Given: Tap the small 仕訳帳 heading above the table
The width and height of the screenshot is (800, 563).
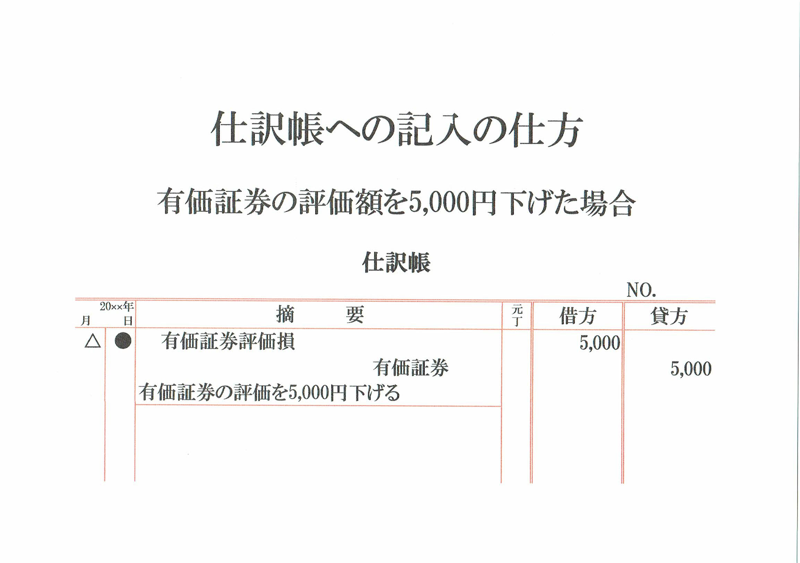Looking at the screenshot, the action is point(396,263).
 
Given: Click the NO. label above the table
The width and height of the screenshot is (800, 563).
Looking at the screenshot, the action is point(641,290).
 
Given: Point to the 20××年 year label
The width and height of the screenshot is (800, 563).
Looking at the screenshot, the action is point(117,307).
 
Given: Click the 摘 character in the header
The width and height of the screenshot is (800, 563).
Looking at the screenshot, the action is point(285,314).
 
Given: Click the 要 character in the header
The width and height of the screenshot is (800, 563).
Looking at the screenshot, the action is point(354,314).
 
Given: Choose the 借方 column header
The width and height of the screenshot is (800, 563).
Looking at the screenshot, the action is point(577,316).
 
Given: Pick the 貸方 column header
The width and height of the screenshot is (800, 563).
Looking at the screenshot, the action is point(669,316).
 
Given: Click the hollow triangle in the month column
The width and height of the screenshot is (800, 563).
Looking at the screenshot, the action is point(93,342).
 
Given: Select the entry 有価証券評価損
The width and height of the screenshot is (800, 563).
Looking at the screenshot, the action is point(228,342).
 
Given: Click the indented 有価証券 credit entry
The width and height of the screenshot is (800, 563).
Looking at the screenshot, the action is point(411,368).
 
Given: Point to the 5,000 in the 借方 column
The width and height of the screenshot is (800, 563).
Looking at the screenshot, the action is point(600,343).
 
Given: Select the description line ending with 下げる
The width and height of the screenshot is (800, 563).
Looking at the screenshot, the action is point(269,393).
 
